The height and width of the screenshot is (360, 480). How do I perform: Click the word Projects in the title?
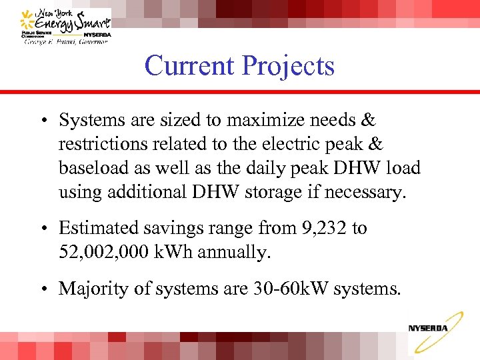click(288, 66)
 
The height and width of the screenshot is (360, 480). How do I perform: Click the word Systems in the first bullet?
click(90, 121)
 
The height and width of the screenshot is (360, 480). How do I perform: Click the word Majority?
click(89, 289)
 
